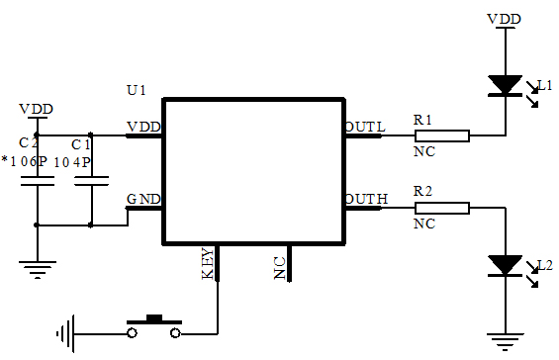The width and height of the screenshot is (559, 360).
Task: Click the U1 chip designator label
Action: [x=137, y=90]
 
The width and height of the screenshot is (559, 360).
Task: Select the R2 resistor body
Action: [x=441, y=208]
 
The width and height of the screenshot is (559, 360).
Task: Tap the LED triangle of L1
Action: [x=507, y=86]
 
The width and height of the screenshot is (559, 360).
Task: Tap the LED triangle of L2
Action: [x=507, y=265]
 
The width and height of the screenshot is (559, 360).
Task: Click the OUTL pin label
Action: [x=364, y=127]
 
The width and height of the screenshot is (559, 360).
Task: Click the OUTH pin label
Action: [x=366, y=200]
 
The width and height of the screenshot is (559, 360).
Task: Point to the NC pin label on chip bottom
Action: [x=280, y=267]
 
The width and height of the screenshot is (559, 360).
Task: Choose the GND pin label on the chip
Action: [x=143, y=198]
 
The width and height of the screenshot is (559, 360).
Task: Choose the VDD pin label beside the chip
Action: [x=144, y=127]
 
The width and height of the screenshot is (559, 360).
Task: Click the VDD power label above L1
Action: [x=506, y=18]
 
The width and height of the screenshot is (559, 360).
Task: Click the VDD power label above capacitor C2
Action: [x=37, y=109]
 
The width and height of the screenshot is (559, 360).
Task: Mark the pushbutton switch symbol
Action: [x=155, y=325]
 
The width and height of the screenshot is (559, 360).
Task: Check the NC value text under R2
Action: [x=424, y=225]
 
